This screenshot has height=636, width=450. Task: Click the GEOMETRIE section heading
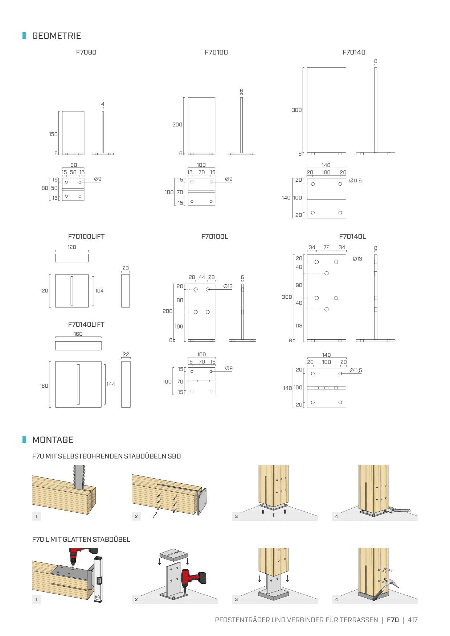(57, 36)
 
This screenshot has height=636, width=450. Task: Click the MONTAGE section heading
(53, 440)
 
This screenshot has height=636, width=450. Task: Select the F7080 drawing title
(86, 52)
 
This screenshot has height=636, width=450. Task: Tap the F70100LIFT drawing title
(86, 236)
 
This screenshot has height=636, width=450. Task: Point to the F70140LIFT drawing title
(86, 324)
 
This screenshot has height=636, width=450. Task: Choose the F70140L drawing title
(352, 236)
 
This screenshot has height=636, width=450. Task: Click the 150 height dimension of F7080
(53, 134)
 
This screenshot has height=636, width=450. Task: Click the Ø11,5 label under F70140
(355, 181)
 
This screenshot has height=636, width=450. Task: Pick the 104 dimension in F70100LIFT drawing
(99, 291)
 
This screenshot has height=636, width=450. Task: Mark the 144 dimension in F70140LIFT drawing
(111, 384)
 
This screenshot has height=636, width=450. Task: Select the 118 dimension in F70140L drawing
(299, 326)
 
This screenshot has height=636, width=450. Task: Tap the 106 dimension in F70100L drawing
(179, 327)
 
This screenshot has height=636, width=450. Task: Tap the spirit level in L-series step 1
(98, 579)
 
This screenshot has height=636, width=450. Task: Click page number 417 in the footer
(412, 620)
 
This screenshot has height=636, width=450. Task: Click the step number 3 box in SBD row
(236, 516)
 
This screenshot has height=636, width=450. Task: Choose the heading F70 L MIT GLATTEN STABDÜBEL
(81, 539)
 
